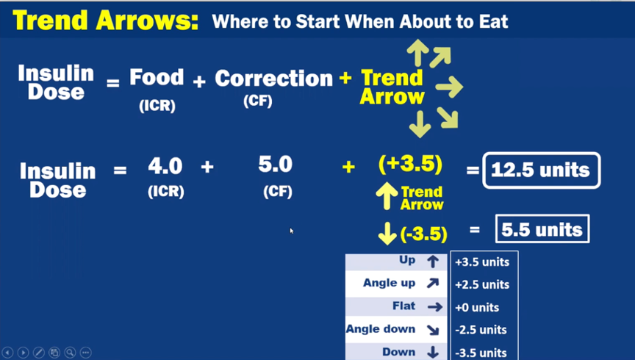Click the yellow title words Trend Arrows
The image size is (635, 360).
tap(105, 21)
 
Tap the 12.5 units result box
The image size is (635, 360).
tap(541, 170)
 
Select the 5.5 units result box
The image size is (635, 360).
tap(542, 229)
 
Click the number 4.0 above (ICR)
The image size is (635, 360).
tap(165, 165)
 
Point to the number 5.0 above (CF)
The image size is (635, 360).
tap(276, 165)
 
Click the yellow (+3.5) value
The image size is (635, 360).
tap(410, 164)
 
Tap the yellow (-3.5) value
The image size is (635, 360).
tap(423, 234)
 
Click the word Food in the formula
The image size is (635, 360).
tap(157, 77)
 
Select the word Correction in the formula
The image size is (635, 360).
tap(273, 78)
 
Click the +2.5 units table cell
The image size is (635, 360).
tap(482, 284)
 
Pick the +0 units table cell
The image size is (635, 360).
tap(477, 307)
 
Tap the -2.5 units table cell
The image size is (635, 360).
tap(481, 330)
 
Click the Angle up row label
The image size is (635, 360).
tap(390, 283)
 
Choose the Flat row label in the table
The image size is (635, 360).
tap(403, 306)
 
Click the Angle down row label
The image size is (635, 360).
tap(381, 329)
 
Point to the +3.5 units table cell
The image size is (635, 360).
tap(482, 262)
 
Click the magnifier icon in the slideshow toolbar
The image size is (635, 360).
tap(70, 353)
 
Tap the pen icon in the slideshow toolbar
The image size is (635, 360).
tap(39, 353)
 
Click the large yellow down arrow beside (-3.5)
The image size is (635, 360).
tap(387, 233)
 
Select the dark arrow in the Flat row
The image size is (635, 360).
tap(435, 307)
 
